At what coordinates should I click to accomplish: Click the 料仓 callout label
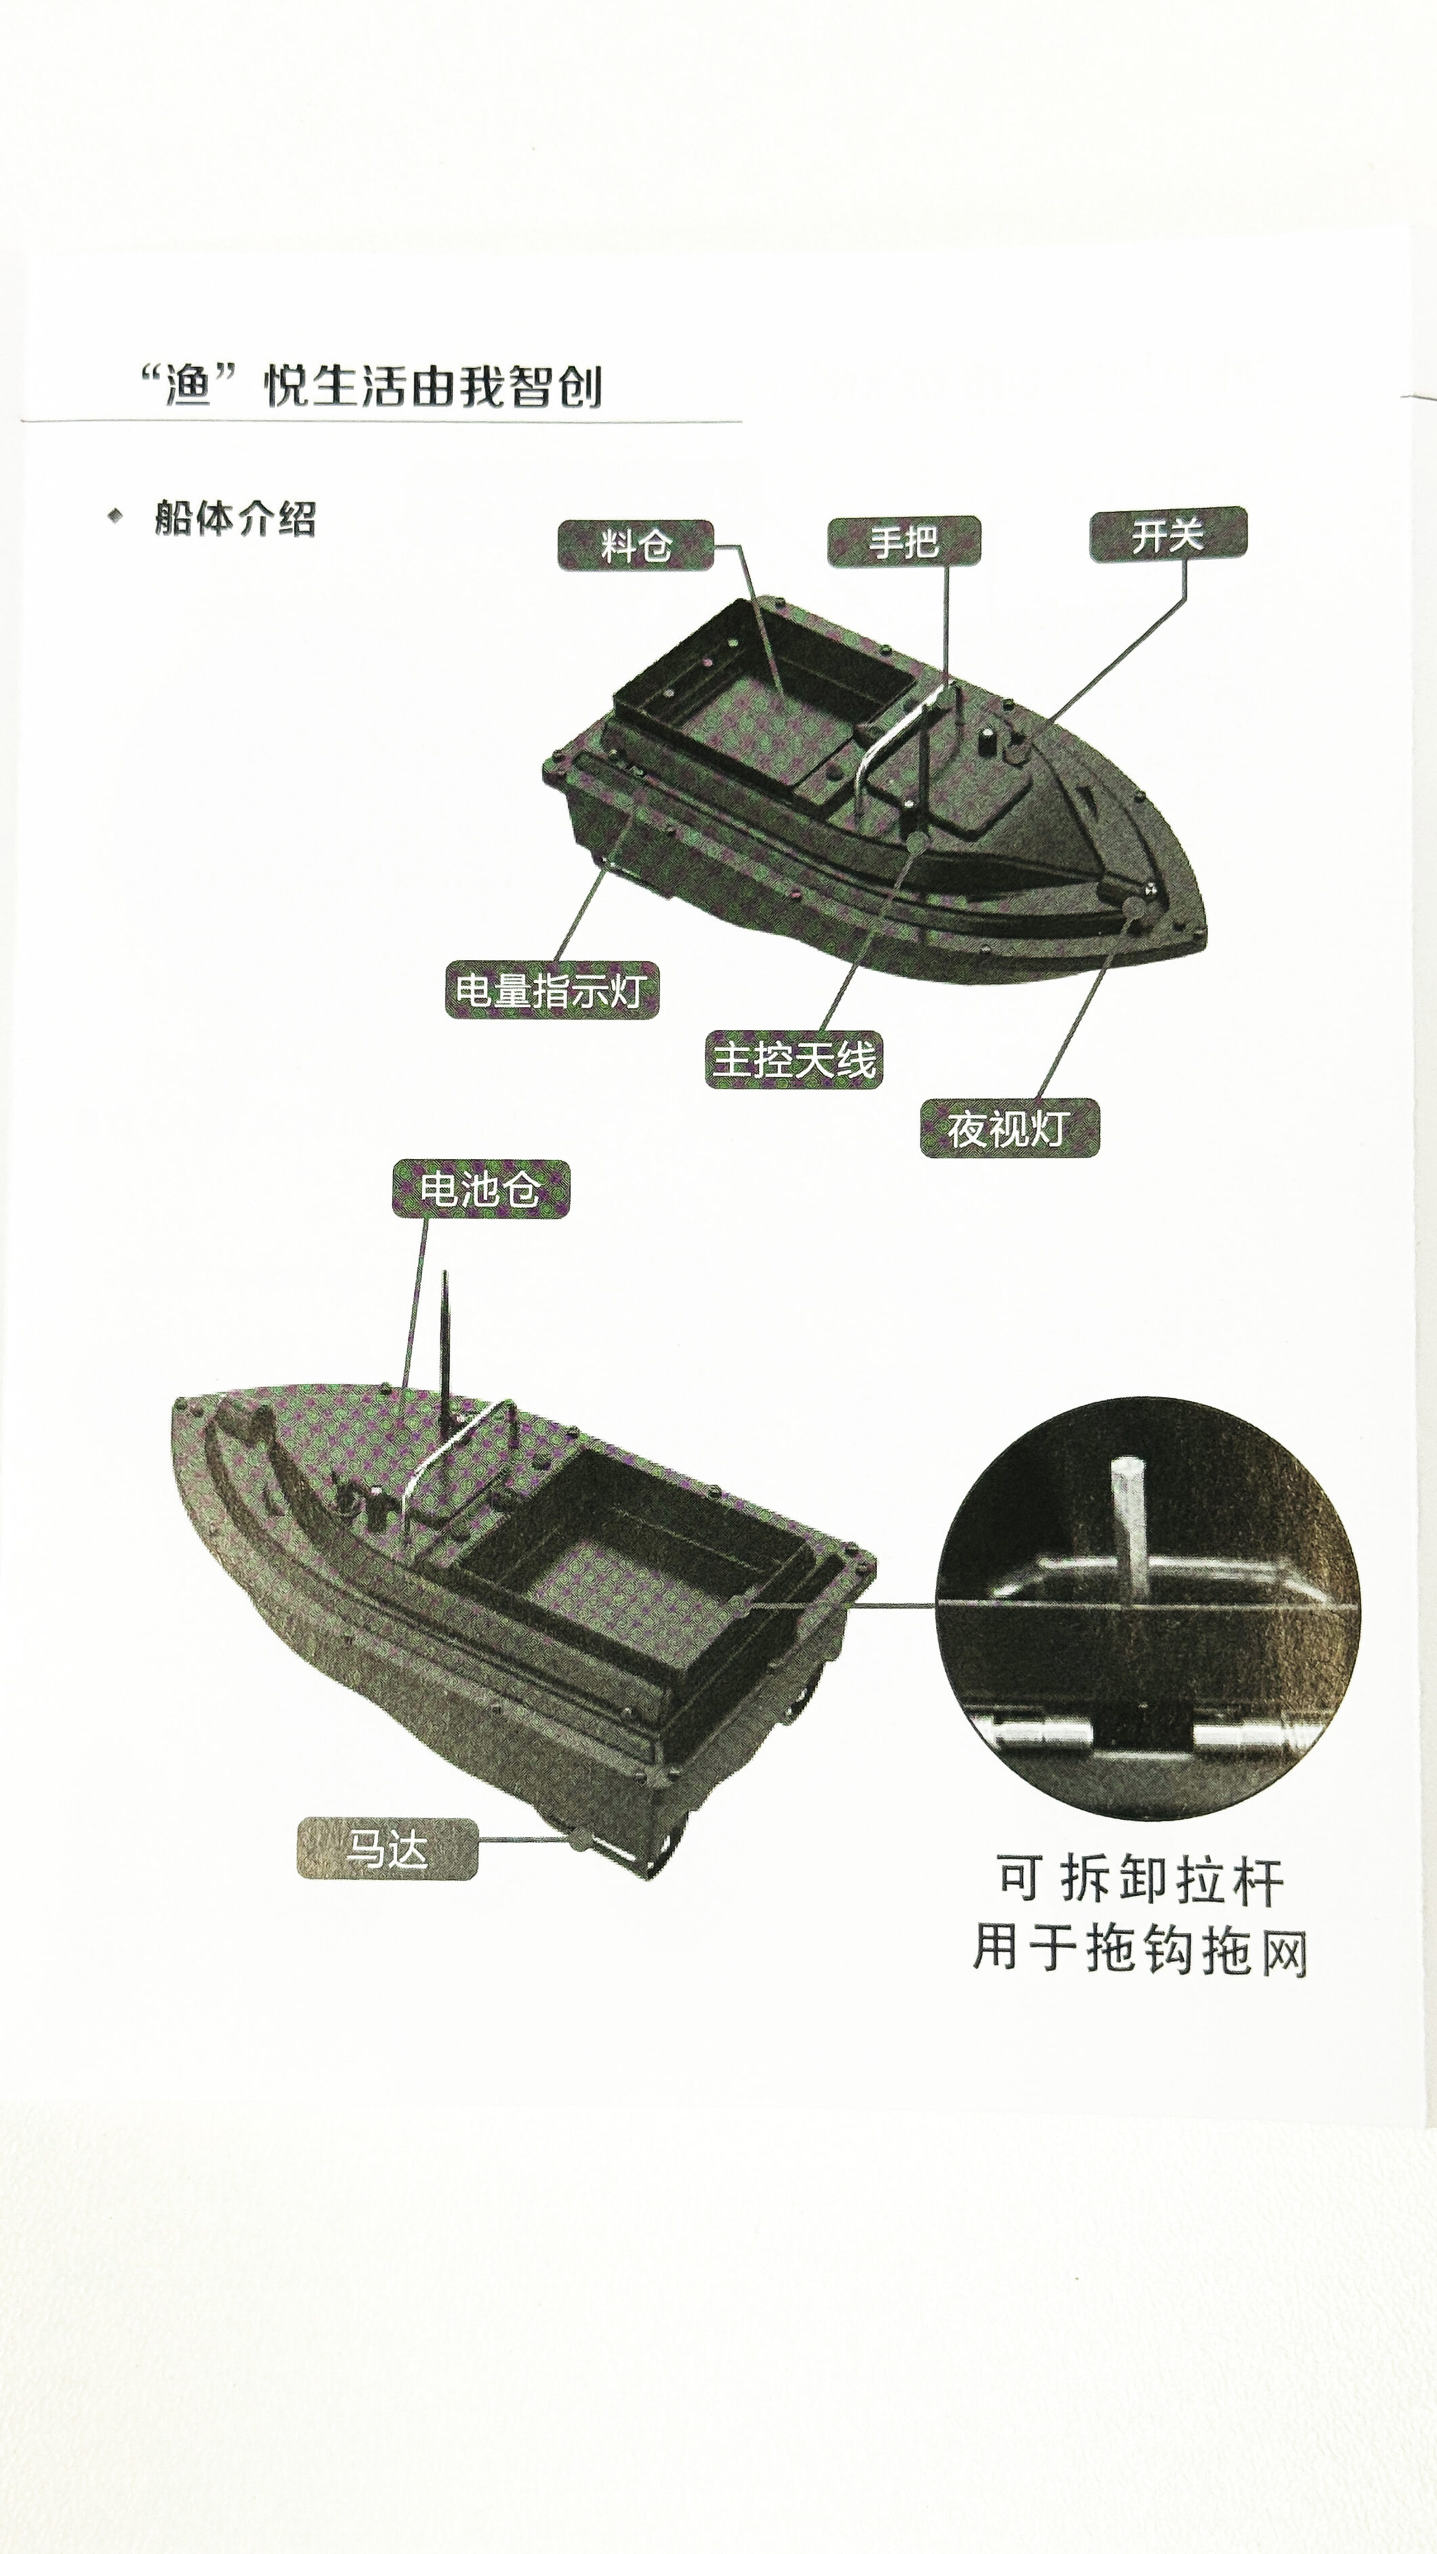tap(636, 545)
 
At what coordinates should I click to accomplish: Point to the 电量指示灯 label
tap(551, 989)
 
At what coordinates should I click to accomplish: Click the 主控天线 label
tap(794, 1059)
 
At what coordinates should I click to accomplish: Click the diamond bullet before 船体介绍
tap(116, 515)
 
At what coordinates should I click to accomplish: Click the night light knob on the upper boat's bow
tap(1132, 904)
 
